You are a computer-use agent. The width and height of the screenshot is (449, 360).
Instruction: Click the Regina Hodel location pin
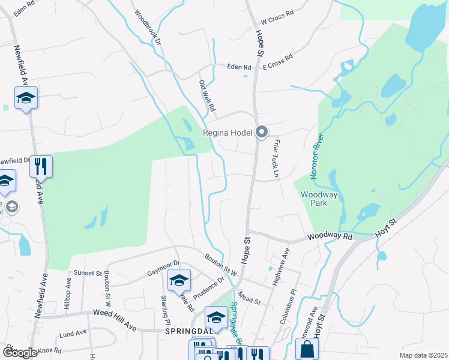click(x=261, y=132)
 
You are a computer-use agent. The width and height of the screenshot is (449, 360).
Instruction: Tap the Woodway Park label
click(x=319, y=199)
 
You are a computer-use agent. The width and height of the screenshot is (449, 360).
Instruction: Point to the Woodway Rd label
click(x=330, y=237)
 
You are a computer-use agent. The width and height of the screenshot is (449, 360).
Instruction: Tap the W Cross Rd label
click(x=277, y=16)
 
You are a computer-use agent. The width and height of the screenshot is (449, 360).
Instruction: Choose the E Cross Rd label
click(x=278, y=61)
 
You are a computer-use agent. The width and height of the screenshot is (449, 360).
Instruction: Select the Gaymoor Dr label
click(x=163, y=268)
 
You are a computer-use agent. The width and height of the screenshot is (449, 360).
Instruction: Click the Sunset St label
click(x=88, y=273)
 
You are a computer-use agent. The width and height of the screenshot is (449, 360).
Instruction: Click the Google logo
click(x=20, y=353)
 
